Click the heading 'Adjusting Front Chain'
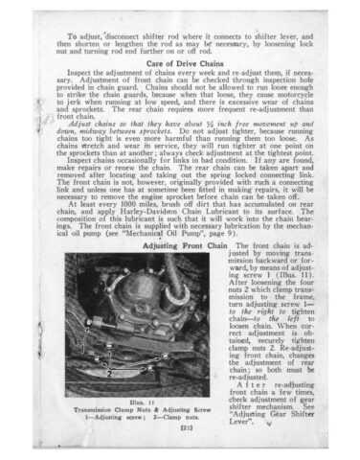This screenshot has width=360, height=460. click(x=188, y=245)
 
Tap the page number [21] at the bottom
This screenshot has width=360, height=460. click(x=179, y=433)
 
